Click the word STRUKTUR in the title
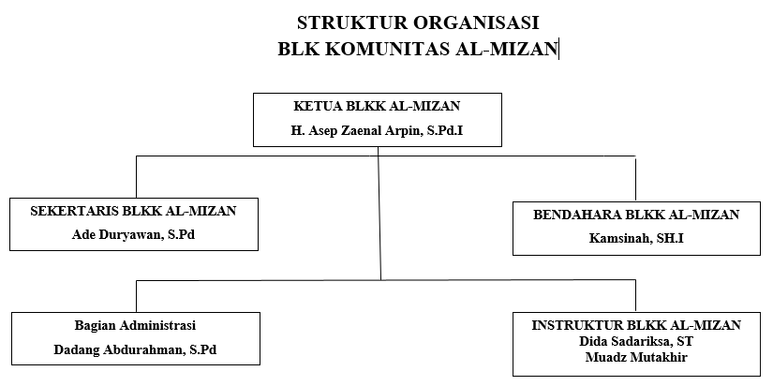point(352,22)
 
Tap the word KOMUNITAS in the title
point(388,50)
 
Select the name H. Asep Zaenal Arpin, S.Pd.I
point(378,131)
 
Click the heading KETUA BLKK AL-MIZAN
point(378,106)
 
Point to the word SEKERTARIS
point(74,211)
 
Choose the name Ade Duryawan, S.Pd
point(134,234)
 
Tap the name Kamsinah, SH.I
point(636,239)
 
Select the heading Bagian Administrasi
point(135,325)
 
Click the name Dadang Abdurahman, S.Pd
point(135,349)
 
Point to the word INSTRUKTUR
point(577,325)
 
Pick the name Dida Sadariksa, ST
point(636,341)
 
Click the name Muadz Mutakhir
point(636,357)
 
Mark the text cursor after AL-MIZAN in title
point(558,50)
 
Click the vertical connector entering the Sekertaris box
point(137,177)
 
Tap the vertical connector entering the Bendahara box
point(635,179)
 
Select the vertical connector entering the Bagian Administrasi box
point(137,296)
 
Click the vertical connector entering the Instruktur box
point(635,296)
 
